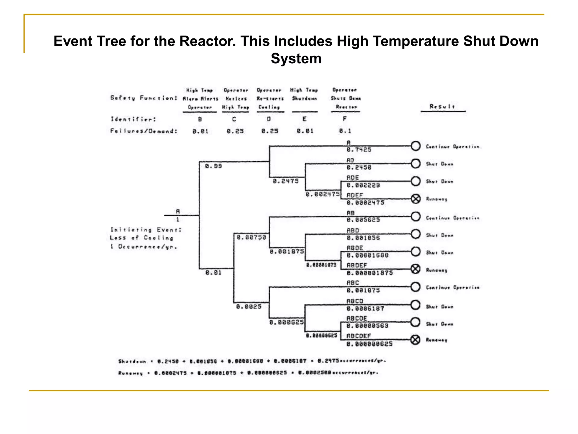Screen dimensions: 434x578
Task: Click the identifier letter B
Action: tap(200, 119)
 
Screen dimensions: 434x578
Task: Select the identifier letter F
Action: tap(345, 119)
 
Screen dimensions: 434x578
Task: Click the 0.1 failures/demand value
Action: tap(345, 131)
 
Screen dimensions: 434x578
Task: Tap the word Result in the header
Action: tap(442, 107)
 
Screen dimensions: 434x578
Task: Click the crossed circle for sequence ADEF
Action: tap(415, 199)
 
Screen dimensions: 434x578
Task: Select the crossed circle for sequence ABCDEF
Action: tap(415, 340)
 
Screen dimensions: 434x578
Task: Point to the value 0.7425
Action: tap(359, 150)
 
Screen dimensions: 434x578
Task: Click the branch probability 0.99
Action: tap(213, 166)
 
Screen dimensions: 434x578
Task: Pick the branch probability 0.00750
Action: tap(251, 237)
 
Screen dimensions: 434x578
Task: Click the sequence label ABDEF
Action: tap(357, 265)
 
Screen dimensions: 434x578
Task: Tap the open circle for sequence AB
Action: tap(415, 217)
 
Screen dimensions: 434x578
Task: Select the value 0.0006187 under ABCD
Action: tap(365, 309)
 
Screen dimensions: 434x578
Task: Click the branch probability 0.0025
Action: tap(249, 307)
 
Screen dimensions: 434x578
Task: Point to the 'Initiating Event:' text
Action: tap(146, 230)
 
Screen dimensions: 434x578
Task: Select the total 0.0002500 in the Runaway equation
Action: tap(314, 373)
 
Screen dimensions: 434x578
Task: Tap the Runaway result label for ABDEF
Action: tap(436, 270)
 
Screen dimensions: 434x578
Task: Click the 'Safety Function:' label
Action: tap(144, 98)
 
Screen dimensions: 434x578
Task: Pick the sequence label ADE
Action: tap(353, 178)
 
